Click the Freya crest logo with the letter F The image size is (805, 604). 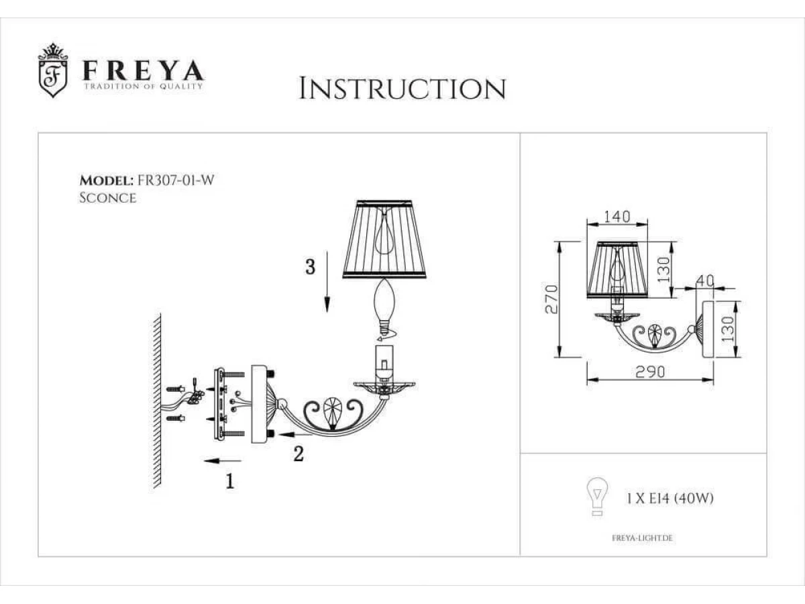pyautogui.click(x=53, y=70)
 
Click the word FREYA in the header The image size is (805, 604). pyautogui.click(x=144, y=71)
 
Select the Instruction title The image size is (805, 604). pyautogui.click(x=402, y=89)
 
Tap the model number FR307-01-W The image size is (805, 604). pyautogui.click(x=175, y=181)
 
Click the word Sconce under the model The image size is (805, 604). pyautogui.click(x=108, y=198)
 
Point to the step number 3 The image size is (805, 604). pyautogui.click(x=311, y=267)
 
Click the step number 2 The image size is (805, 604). pyautogui.click(x=299, y=454)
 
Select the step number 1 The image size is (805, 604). pyautogui.click(x=230, y=481)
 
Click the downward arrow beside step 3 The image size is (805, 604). pyautogui.click(x=327, y=282)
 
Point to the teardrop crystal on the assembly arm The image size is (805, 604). pyautogui.click(x=332, y=413)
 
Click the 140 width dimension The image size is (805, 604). pyautogui.click(x=617, y=217)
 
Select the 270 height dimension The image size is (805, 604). pyautogui.click(x=551, y=299)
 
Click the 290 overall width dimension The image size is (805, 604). pyautogui.click(x=650, y=372)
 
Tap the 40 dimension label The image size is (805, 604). pyautogui.click(x=705, y=281)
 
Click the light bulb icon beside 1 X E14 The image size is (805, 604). pyautogui.click(x=598, y=497)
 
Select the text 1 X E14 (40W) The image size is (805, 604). pyautogui.click(x=670, y=499)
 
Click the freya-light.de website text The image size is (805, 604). pyautogui.click(x=642, y=538)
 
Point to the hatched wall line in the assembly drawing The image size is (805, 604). pyautogui.click(x=158, y=401)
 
